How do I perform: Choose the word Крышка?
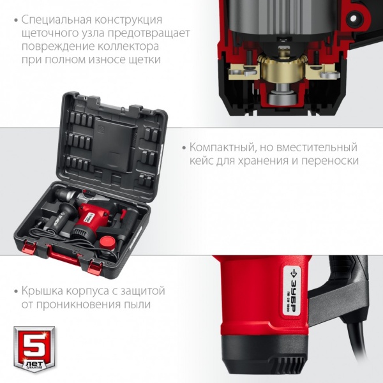44,291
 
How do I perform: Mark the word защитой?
142,291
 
